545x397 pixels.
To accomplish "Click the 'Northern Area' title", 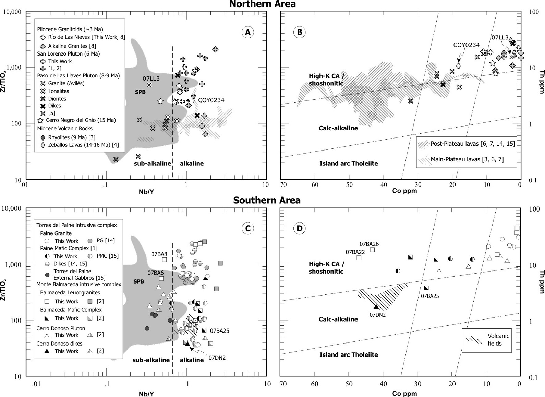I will (262, 4).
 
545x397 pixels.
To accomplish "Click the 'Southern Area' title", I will (267, 200).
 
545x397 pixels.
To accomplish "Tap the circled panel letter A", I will (247, 32).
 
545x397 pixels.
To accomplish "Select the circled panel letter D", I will (300, 228).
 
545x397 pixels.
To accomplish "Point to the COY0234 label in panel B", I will (466, 45).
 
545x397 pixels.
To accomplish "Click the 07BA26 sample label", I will (369, 244).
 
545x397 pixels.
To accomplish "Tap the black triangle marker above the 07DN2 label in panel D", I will (376, 306).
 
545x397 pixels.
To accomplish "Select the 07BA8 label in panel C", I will (159, 254).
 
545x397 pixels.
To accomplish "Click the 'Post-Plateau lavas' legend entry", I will (473, 144).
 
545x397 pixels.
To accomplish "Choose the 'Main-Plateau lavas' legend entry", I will (467, 159).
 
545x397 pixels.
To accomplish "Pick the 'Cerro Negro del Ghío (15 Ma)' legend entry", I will (81, 120).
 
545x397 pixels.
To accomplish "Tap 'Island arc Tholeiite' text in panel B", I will (349, 164).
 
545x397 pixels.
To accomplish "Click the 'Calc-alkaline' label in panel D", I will (338, 319).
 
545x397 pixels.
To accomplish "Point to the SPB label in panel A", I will (140, 92).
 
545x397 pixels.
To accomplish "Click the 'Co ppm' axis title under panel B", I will (404, 191).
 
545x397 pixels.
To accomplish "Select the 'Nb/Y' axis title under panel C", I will (146, 394).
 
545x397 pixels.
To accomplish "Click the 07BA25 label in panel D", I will (430, 296).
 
